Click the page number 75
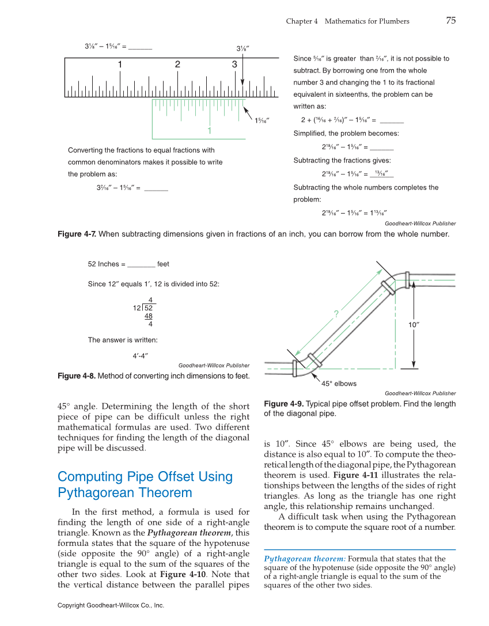point(450,21)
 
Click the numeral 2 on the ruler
point(178,65)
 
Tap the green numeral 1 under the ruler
point(210,130)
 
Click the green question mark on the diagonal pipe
point(335,313)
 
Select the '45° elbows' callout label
point(339,384)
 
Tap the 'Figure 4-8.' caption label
point(77,376)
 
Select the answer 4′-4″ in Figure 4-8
point(141,355)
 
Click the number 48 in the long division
point(148,316)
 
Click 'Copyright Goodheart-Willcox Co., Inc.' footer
point(111,605)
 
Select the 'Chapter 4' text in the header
point(302,21)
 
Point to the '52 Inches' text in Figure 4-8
point(103,264)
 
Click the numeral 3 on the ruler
point(234,65)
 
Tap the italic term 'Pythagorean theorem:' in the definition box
point(305,559)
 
